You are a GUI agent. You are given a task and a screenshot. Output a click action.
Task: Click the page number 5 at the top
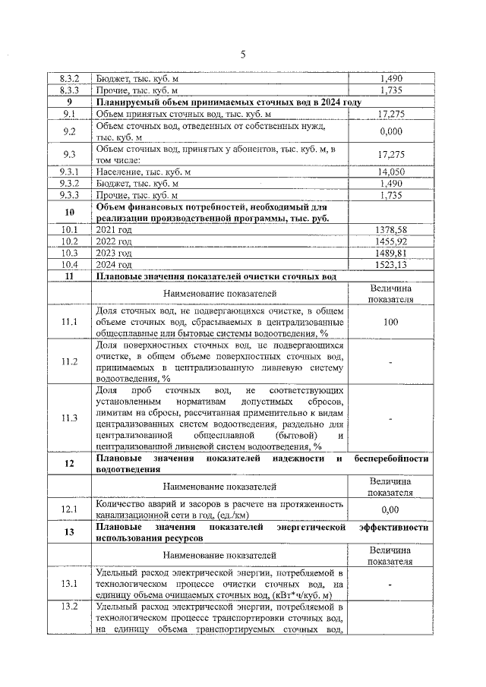tap(243, 54)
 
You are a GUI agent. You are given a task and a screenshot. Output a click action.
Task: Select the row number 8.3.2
tap(70, 78)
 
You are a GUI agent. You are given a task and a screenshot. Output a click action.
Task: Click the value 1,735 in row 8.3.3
tap(390, 90)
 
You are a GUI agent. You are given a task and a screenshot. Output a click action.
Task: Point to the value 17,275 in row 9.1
tap(390, 113)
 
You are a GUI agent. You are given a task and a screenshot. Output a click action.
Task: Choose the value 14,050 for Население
tap(390, 172)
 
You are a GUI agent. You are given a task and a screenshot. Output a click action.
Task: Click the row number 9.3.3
tap(70, 195)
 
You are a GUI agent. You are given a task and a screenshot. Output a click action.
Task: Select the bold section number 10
tap(70, 213)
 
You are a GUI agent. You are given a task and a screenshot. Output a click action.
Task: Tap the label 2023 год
tap(114, 253)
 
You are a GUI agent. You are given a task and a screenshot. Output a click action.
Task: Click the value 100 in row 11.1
tap(390, 323)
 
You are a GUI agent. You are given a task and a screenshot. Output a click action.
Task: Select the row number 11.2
tap(70, 361)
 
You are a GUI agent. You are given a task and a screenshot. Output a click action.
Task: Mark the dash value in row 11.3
tap(390, 418)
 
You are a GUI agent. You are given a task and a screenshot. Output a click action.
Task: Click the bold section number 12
tap(70, 465)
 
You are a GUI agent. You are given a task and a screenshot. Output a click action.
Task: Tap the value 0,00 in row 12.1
tap(390, 510)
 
